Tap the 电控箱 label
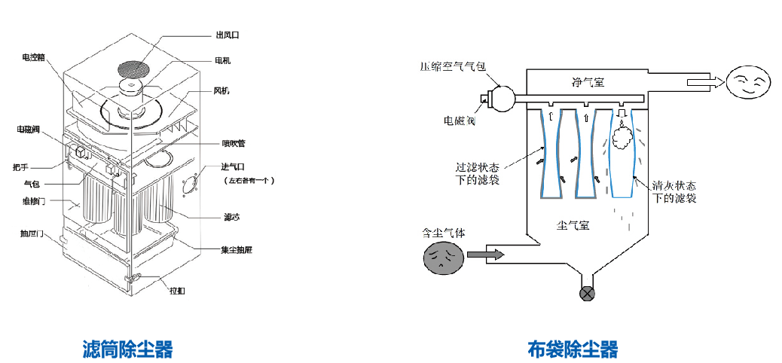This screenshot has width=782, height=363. (35, 56)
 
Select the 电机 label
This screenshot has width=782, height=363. (223, 61)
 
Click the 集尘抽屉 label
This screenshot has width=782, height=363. (236, 249)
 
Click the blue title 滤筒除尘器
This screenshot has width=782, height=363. (127, 349)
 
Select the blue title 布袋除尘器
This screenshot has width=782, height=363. (573, 349)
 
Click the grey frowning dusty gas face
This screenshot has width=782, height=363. (441, 258)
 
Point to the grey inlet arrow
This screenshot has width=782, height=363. (481, 255)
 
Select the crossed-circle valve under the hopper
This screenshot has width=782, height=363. (586, 293)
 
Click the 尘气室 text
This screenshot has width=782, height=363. (572, 224)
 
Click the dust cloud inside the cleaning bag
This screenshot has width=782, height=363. (622, 136)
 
